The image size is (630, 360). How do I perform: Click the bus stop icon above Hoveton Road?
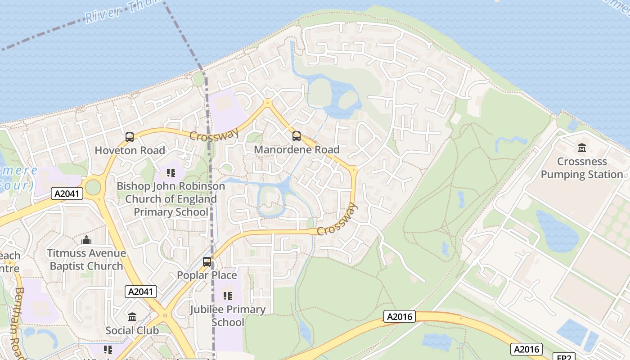pyautogui.click(x=130, y=137)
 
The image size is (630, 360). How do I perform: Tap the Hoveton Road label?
pyautogui.click(x=130, y=150)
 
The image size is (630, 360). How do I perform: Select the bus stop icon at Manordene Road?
pyautogui.click(x=296, y=136)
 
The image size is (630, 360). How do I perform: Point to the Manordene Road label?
pyautogui.click(x=297, y=149)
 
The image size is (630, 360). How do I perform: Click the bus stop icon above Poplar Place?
pyautogui.click(x=207, y=261)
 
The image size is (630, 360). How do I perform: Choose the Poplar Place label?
pyautogui.click(x=207, y=275)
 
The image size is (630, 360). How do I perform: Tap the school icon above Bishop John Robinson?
pyautogui.click(x=171, y=173)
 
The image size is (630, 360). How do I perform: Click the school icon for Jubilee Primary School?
pyautogui.click(x=228, y=296)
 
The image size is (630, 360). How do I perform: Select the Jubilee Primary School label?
pyautogui.click(x=228, y=316)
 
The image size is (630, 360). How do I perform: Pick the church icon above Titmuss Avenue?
pyautogui.click(x=86, y=240)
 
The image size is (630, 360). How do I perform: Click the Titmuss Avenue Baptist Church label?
pyautogui.click(x=86, y=260)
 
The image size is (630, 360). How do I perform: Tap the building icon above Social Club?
pyautogui.click(x=132, y=317)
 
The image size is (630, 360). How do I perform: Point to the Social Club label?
pyautogui.click(x=132, y=331)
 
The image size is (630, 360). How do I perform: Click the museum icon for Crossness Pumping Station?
pyautogui.click(x=581, y=148)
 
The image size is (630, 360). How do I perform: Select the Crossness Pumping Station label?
pyautogui.click(x=582, y=168)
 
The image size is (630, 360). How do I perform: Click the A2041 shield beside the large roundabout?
pyautogui.click(x=67, y=193)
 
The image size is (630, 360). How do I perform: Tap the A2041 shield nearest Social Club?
pyautogui.click(x=141, y=292)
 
